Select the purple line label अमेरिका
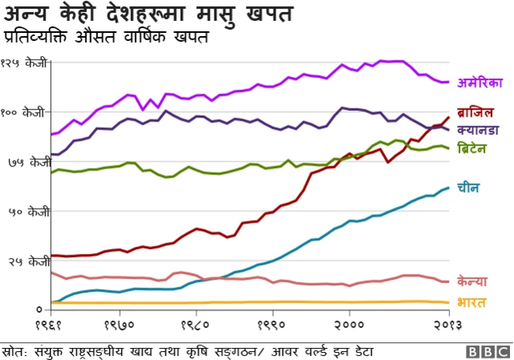click(479, 82)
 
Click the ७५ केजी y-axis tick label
click(29, 162)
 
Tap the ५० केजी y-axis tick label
click(29, 212)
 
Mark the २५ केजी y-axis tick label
click(29, 261)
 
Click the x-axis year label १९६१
click(49, 325)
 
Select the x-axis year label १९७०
click(120, 325)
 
